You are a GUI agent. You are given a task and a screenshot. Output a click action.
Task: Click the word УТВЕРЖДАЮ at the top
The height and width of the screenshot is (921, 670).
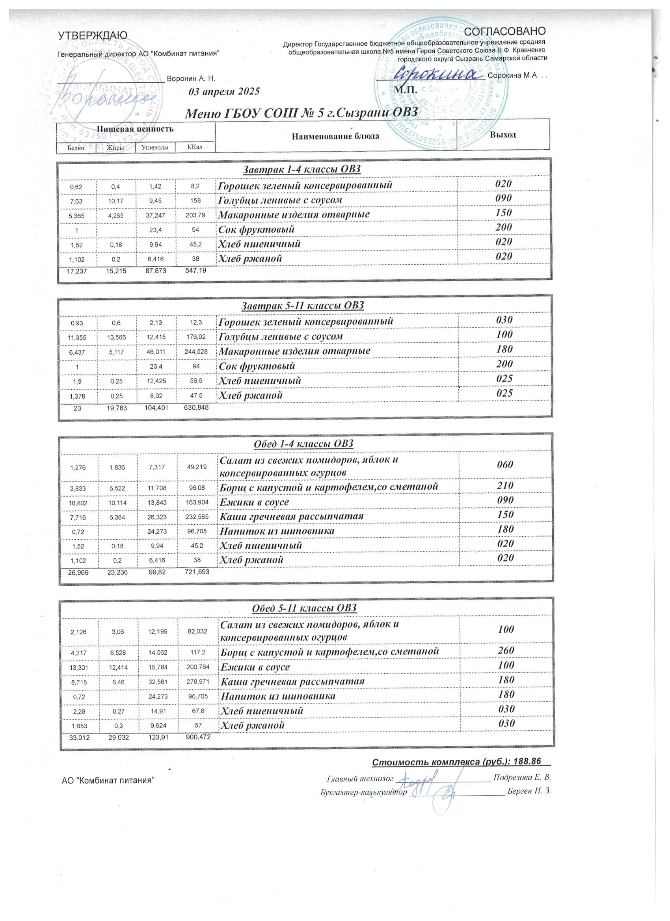click(x=93, y=35)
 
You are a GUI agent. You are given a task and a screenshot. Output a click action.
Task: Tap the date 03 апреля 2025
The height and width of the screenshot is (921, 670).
click(x=224, y=91)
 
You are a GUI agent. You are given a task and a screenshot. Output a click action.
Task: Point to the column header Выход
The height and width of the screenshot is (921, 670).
click(x=502, y=135)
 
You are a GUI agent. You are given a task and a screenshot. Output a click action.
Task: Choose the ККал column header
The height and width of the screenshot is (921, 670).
click(x=195, y=147)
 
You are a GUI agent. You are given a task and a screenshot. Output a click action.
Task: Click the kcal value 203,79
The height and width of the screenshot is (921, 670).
click(x=195, y=215)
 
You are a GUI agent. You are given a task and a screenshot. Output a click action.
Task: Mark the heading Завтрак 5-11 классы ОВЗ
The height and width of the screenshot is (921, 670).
click(x=303, y=305)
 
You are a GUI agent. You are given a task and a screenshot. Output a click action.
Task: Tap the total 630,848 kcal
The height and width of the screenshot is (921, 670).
click(x=195, y=407)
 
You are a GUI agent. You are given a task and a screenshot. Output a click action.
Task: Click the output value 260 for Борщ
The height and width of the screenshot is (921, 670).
click(x=506, y=650)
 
